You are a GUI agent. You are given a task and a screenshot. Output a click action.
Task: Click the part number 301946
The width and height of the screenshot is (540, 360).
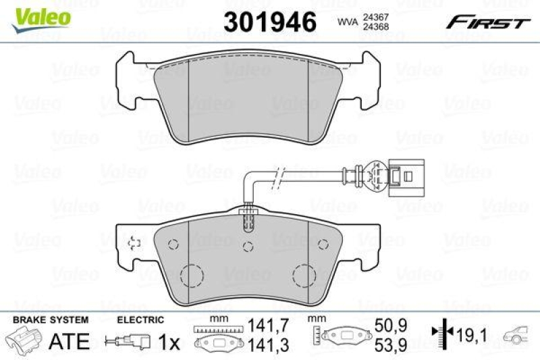pos(270,22)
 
